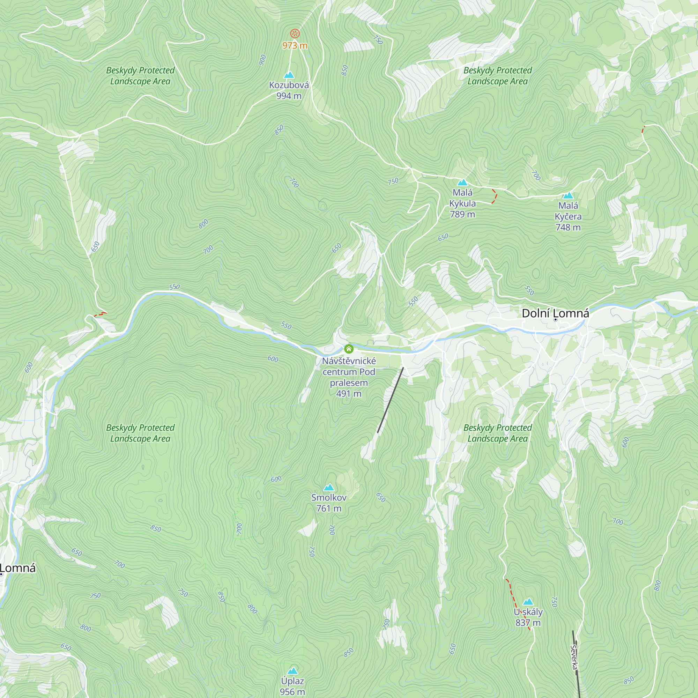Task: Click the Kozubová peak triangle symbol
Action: [x=289, y=75]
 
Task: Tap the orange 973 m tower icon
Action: [x=295, y=34]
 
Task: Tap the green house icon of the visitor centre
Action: [x=349, y=349]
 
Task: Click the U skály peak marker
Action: [x=528, y=602]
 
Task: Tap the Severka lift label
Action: [x=574, y=657]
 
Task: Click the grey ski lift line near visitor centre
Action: [x=390, y=400]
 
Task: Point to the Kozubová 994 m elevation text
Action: [x=289, y=96]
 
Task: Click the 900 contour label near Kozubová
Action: [x=263, y=60]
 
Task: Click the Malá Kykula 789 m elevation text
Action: [x=462, y=214]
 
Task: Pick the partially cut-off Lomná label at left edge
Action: [x=18, y=568]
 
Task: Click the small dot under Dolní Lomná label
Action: [x=555, y=320]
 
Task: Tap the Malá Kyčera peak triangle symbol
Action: [x=568, y=195]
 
